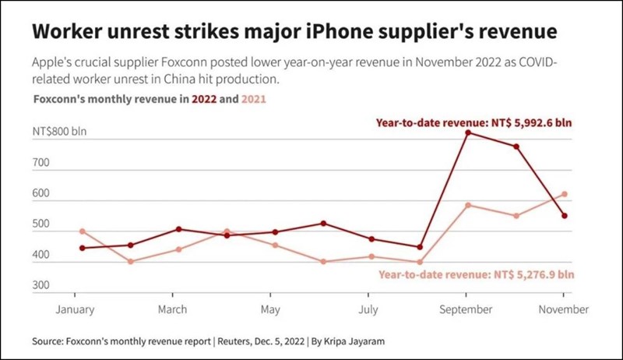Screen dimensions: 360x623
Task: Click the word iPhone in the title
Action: (x=353, y=33)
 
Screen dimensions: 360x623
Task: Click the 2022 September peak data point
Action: (x=467, y=132)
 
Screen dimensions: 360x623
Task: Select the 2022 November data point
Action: (x=565, y=216)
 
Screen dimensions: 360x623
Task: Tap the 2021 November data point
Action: (x=565, y=194)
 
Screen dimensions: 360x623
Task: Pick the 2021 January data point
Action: (x=82, y=231)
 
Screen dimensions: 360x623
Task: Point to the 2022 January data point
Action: (x=82, y=248)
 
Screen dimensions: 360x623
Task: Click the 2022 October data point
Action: (x=516, y=146)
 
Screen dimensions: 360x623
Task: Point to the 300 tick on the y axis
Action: (x=40, y=286)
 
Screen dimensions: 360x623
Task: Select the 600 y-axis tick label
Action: (x=40, y=199)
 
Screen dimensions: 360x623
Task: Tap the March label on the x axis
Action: (x=172, y=309)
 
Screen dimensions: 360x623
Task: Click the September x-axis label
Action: (x=466, y=309)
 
